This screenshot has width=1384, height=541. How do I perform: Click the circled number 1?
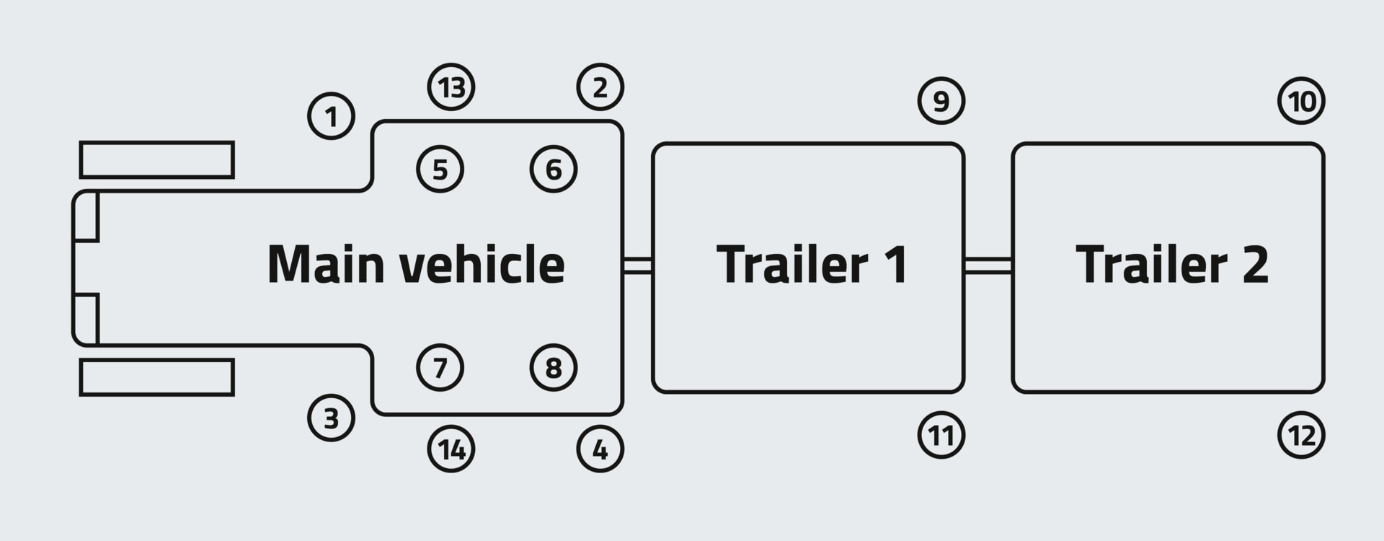tap(332, 116)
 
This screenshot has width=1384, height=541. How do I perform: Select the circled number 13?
tap(451, 87)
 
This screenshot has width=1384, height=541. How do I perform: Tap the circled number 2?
tap(600, 87)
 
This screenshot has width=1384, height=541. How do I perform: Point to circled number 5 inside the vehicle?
tap(440, 170)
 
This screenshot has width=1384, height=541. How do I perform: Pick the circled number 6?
tap(554, 170)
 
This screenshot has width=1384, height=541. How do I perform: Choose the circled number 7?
tap(440, 368)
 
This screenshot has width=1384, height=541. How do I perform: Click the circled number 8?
tap(554, 368)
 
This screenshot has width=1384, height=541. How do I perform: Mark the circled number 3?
tap(332, 418)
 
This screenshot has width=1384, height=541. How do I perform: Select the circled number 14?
tap(451, 449)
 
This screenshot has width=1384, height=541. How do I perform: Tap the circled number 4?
tap(600, 449)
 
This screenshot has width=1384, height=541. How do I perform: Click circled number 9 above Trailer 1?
tap(941, 101)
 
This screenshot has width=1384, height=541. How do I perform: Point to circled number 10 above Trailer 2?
tap(1301, 101)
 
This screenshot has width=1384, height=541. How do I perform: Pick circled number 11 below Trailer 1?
tap(941, 435)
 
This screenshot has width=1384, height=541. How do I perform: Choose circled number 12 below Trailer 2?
tap(1301, 435)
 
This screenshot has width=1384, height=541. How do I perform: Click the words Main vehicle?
tap(416, 264)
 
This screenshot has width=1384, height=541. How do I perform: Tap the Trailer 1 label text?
tap(812, 264)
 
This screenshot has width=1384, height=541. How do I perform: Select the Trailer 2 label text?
tap(1171, 264)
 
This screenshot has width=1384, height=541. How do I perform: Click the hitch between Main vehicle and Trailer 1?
tap(637, 265)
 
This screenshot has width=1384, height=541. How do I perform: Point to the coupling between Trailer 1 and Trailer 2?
tap(988, 265)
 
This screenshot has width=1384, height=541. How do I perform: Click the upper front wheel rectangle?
tap(156, 159)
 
